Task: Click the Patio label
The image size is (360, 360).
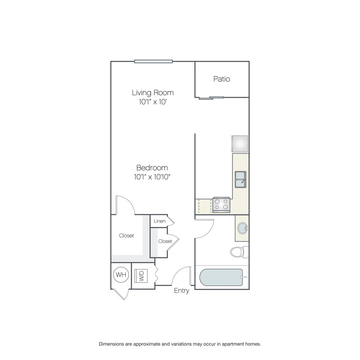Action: point(222,79)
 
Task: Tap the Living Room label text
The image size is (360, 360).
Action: point(153,93)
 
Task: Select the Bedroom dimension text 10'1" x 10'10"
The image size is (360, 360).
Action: point(152,177)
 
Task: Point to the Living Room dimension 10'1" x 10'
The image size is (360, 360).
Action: point(153,102)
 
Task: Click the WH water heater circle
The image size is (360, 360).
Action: point(121,274)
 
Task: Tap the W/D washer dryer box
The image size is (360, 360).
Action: point(141,276)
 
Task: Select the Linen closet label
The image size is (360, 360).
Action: point(160,221)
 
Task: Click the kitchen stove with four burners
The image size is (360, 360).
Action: point(221,205)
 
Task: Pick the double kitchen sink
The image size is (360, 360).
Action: point(240,180)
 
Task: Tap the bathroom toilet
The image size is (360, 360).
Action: point(239,252)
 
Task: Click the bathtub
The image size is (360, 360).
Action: point(221,277)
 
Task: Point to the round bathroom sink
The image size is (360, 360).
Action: point(242,228)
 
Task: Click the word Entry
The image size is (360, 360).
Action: point(181,291)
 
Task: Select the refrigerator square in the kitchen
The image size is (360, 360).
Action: point(240,144)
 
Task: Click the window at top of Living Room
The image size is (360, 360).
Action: point(153,61)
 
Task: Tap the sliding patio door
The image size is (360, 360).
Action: point(211,98)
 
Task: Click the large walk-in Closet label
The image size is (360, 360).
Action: point(126,236)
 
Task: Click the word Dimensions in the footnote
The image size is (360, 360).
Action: point(111,344)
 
